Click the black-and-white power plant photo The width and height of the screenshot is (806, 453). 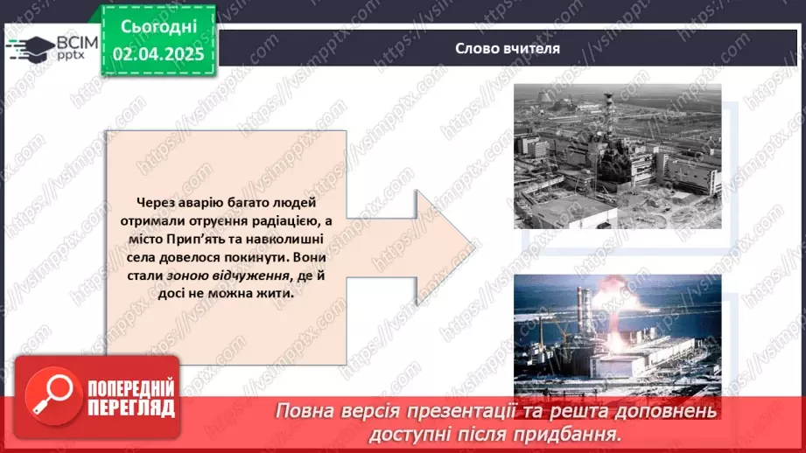tap(617, 156)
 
